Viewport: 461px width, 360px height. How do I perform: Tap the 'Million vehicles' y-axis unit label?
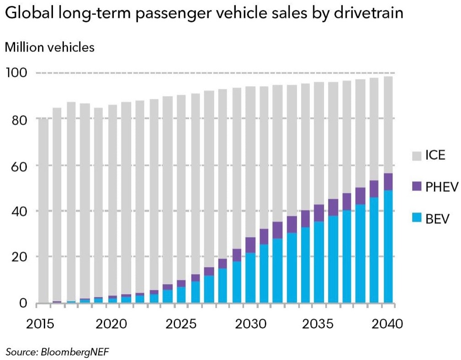pyautogui.click(x=49, y=47)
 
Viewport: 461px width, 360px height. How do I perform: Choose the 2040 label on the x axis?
pyautogui.click(x=387, y=324)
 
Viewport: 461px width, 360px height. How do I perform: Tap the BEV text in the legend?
pyautogui.click(x=437, y=219)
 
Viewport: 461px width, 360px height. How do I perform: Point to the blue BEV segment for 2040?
pyautogui.click(x=388, y=247)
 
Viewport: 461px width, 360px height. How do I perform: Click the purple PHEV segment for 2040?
pyautogui.click(x=388, y=182)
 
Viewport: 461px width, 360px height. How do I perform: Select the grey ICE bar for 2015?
pyautogui.click(x=43, y=210)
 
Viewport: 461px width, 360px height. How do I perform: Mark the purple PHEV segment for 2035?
pyautogui.click(x=319, y=213)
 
